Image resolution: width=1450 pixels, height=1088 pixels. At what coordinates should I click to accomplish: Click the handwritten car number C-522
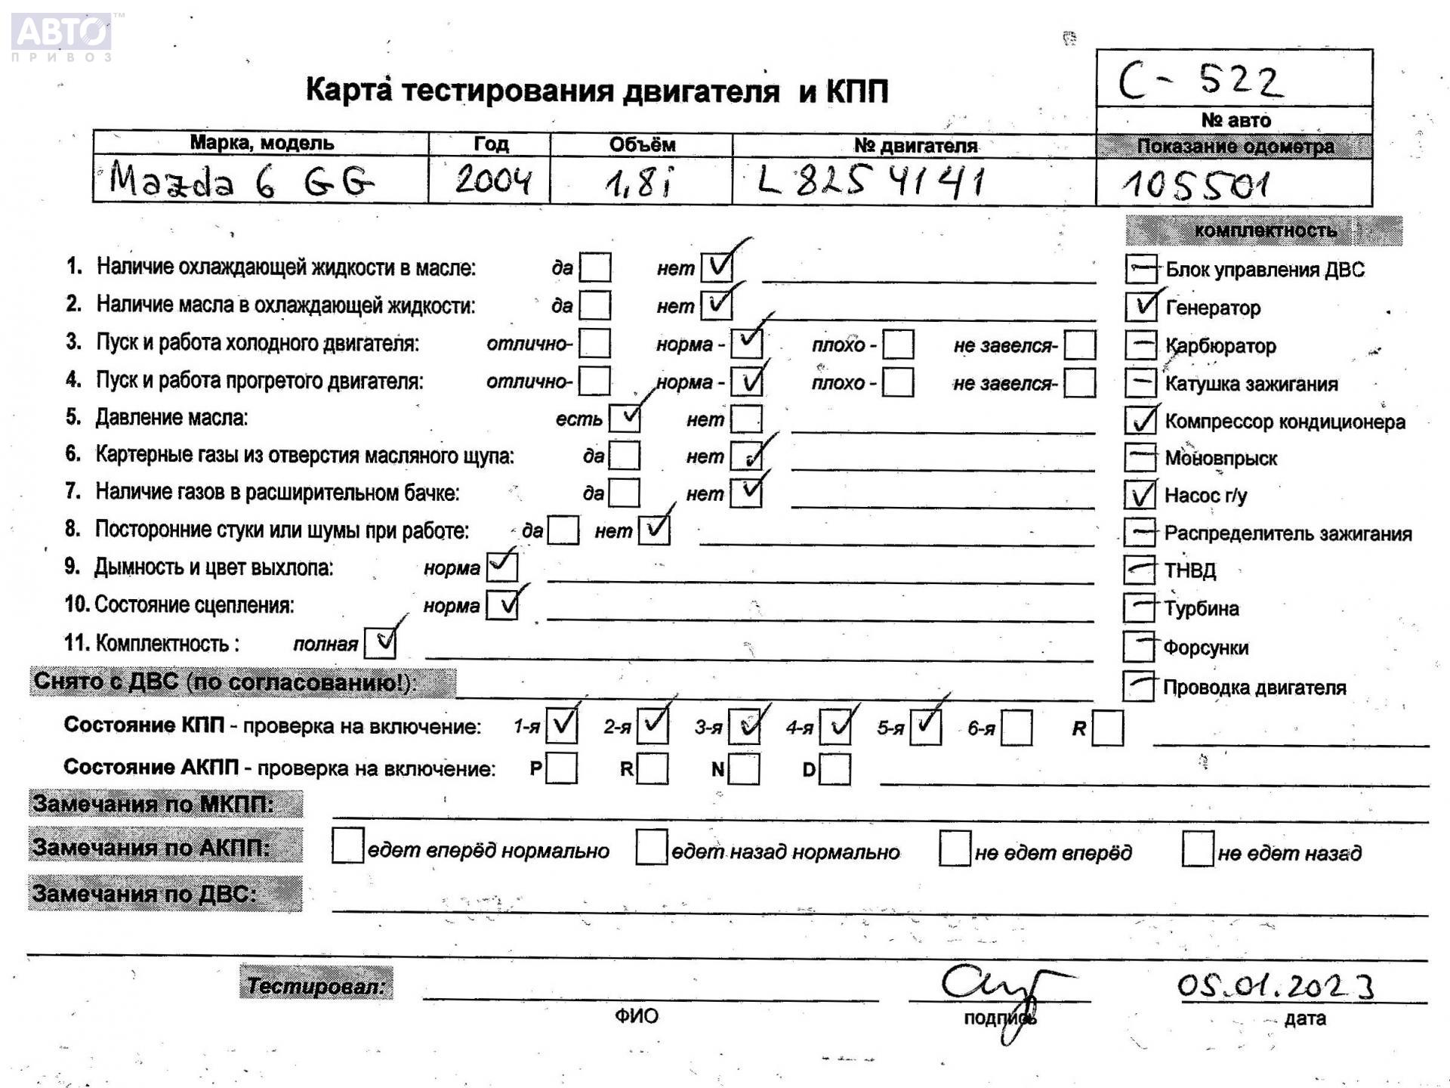coord(1201,80)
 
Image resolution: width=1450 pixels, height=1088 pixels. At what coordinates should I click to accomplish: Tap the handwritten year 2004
coord(492,181)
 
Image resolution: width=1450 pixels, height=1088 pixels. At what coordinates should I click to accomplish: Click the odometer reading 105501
coord(1195,184)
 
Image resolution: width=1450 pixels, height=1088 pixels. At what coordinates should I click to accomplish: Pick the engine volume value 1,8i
coord(638,182)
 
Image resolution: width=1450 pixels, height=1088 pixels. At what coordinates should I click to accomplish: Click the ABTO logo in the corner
coord(62,35)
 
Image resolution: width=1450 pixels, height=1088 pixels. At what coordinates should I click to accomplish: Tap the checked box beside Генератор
coord(1140,306)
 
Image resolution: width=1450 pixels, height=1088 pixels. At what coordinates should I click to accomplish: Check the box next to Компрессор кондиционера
coord(1140,420)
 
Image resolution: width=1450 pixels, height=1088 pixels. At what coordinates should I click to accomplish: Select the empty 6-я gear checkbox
coord(1017,728)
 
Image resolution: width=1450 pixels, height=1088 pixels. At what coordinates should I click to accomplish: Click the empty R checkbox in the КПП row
coord(1108,728)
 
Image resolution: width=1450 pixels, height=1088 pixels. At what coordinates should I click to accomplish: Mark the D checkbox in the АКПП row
coord(835,769)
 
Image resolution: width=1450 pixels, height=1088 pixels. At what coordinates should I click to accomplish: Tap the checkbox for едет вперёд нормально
coord(348,845)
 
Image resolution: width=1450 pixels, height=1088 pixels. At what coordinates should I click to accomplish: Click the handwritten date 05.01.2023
coord(1275,986)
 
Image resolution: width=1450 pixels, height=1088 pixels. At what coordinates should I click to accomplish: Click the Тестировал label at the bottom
coord(316,985)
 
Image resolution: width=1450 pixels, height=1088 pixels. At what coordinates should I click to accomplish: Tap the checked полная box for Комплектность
coord(380,643)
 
